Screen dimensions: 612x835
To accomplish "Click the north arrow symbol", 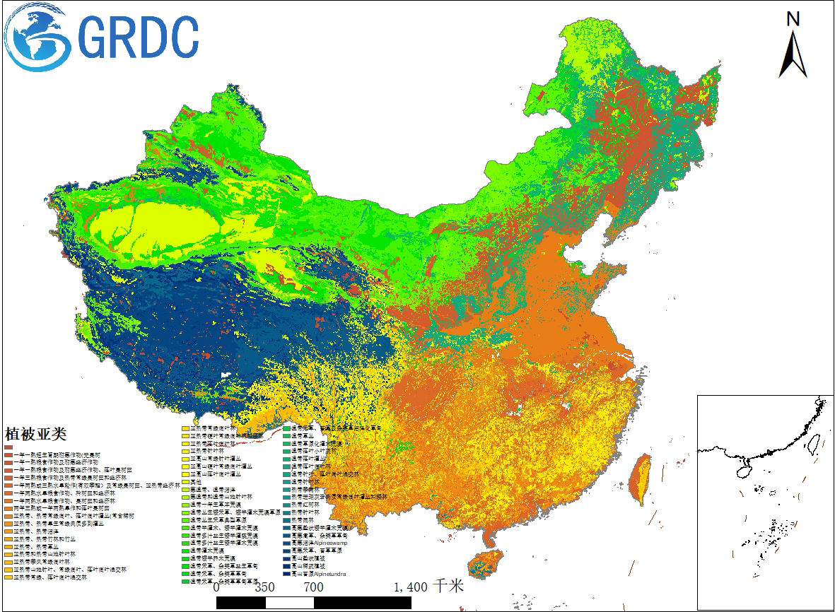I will (793, 53).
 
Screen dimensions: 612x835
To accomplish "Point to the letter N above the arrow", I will (793, 19).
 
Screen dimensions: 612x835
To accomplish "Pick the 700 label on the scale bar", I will (314, 587).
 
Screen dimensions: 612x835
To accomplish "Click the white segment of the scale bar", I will (289, 602).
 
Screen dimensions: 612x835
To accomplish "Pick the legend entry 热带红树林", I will (304, 505).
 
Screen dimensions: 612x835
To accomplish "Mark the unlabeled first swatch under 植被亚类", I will (8, 447).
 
